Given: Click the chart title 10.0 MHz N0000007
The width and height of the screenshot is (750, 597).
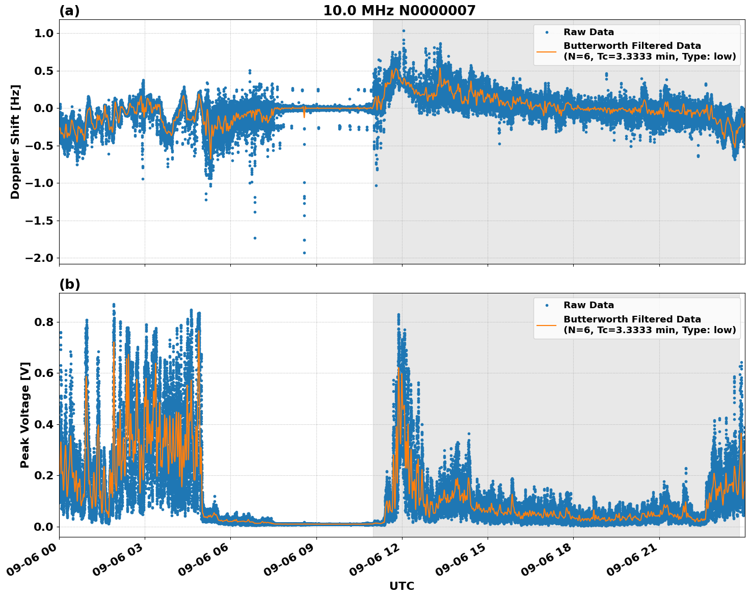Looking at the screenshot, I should [399, 11].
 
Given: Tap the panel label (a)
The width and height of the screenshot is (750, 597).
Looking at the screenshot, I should [69, 11].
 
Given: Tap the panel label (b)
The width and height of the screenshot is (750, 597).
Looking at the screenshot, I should [69, 284].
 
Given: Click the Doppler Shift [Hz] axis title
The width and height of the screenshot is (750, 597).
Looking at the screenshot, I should [15, 142].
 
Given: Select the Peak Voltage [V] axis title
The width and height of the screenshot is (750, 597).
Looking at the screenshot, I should [25, 415].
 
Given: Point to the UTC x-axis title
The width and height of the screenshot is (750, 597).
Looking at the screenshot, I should [401, 586].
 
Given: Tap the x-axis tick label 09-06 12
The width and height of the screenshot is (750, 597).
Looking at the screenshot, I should [377, 562].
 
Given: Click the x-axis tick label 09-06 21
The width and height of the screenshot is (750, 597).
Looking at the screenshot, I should [634, 562].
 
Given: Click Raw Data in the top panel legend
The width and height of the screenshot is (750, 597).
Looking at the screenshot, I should [588, 32].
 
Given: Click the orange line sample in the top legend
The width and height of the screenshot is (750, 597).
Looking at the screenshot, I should [546, 51].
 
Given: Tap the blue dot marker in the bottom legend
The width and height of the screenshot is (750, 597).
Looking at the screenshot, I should [546, 305].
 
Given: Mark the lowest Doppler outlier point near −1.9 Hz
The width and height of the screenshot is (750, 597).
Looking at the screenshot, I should [304, 253].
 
